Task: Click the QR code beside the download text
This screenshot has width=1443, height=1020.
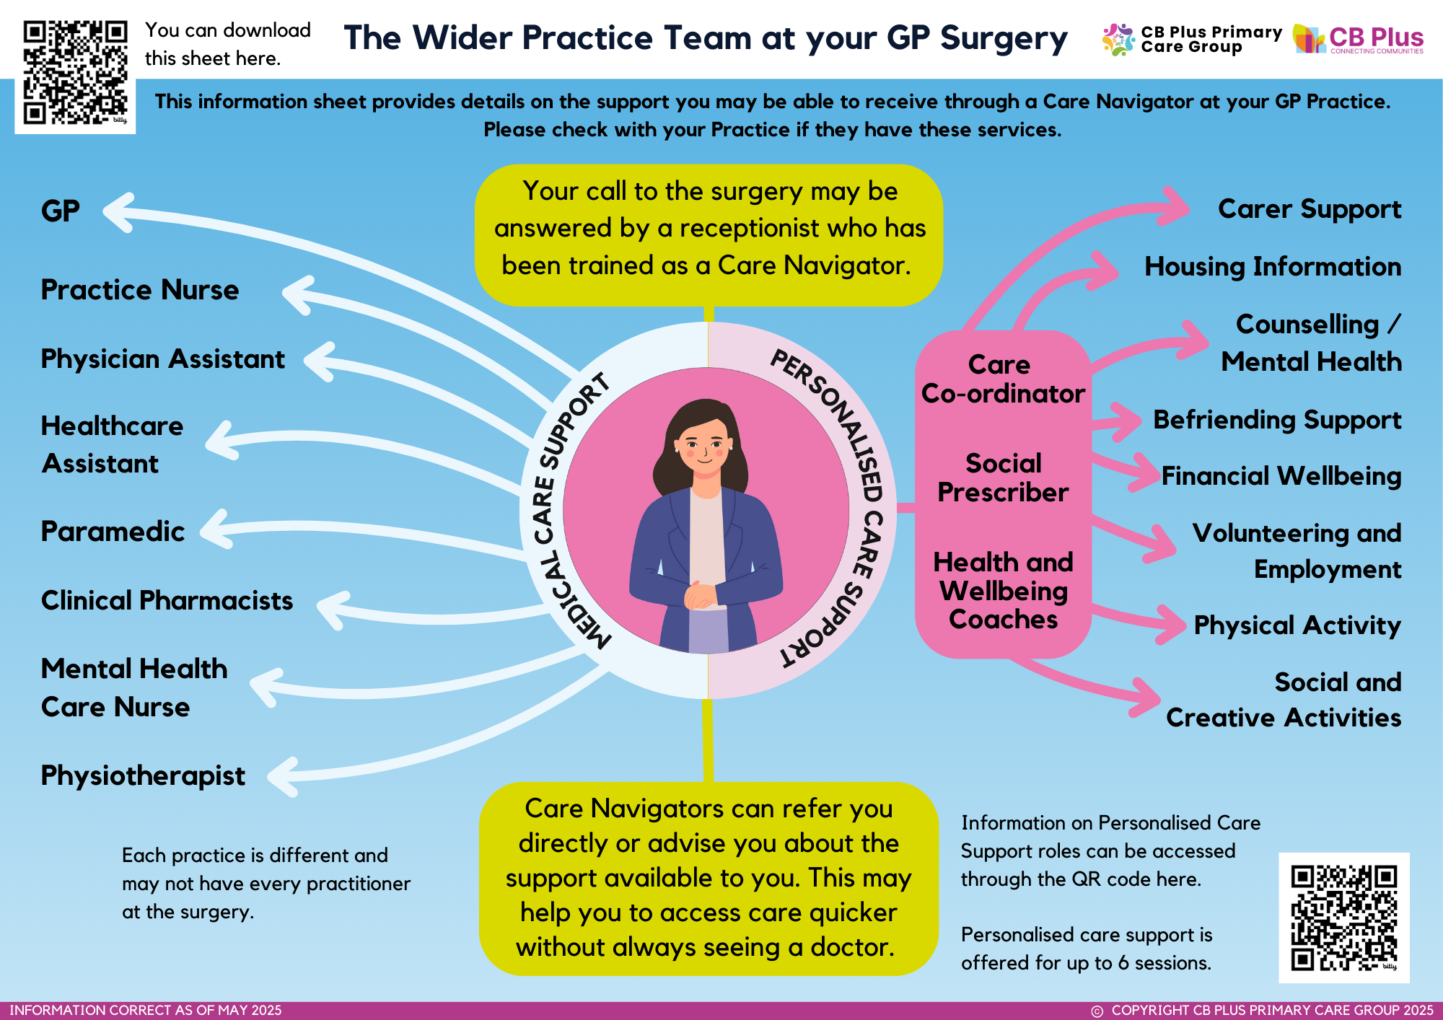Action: pos(75,73)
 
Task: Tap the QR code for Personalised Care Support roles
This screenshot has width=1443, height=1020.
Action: pos(1344,918)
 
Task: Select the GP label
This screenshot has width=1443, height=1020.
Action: pos(60,211)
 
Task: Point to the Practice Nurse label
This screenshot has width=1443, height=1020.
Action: pos(140,290)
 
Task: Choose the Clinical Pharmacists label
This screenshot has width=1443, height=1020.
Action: pos(167,601)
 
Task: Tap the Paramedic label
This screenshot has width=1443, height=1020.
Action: pos(113,532)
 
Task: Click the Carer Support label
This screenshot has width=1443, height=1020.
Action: pos(1310,210)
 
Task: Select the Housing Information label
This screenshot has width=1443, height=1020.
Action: pos(1273,267)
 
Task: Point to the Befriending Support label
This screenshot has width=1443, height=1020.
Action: pos(1277,421)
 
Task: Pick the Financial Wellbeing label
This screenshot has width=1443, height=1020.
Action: pos(1281,477)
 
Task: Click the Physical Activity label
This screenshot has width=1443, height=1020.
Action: pos(1297,625)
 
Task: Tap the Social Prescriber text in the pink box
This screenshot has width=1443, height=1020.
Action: pos(1003,478)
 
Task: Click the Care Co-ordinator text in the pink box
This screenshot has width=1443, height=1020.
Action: pos(1003,379)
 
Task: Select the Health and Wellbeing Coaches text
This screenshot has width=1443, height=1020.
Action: pos(1003,591)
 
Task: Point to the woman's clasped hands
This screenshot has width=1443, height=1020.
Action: pos(700,596)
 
